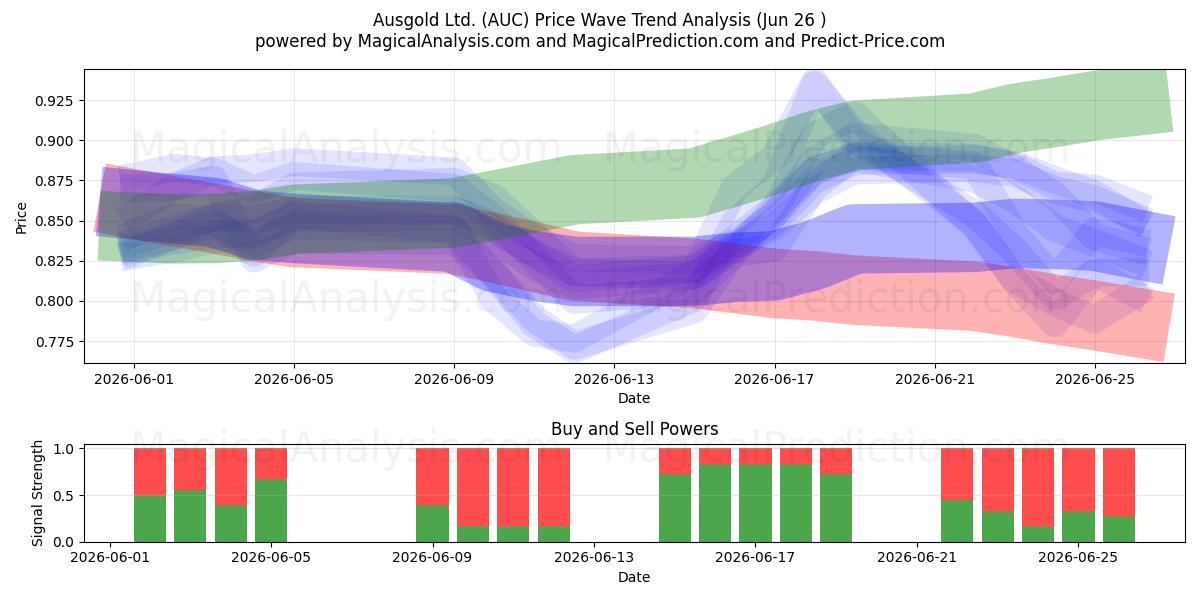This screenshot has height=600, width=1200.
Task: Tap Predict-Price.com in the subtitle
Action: (x=873, y=41)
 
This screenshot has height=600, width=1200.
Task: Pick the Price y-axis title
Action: (x=21, y=218)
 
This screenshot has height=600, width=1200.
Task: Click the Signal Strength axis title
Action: (x=37, y=493)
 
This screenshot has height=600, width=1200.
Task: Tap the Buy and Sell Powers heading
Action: (x=634, y=429)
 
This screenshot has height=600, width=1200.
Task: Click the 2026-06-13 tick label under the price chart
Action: (x=614, y=379)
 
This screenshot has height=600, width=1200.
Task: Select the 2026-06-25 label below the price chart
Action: (x=1095, y=379)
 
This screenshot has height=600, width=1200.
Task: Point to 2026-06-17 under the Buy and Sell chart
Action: (x=755, y=558)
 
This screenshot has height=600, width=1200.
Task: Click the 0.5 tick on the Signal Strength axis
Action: (x=64, y=496)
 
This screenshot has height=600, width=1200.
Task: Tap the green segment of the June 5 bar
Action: (x=271, y=511)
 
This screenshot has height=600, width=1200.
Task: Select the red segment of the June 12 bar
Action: (x=554, y=487)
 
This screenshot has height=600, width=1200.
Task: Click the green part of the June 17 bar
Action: (x=755, y=503)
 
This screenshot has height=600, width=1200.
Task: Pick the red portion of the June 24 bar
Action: (x=1038, y=487)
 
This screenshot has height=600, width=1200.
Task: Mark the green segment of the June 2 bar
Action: (x=150, y=519)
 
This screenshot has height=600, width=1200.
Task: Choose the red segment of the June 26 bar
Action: (x=1119, y=482)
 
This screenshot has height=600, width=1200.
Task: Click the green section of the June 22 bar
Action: (x=957, y=521)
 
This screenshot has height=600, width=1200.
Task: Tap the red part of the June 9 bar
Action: (x=433, y=477)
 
